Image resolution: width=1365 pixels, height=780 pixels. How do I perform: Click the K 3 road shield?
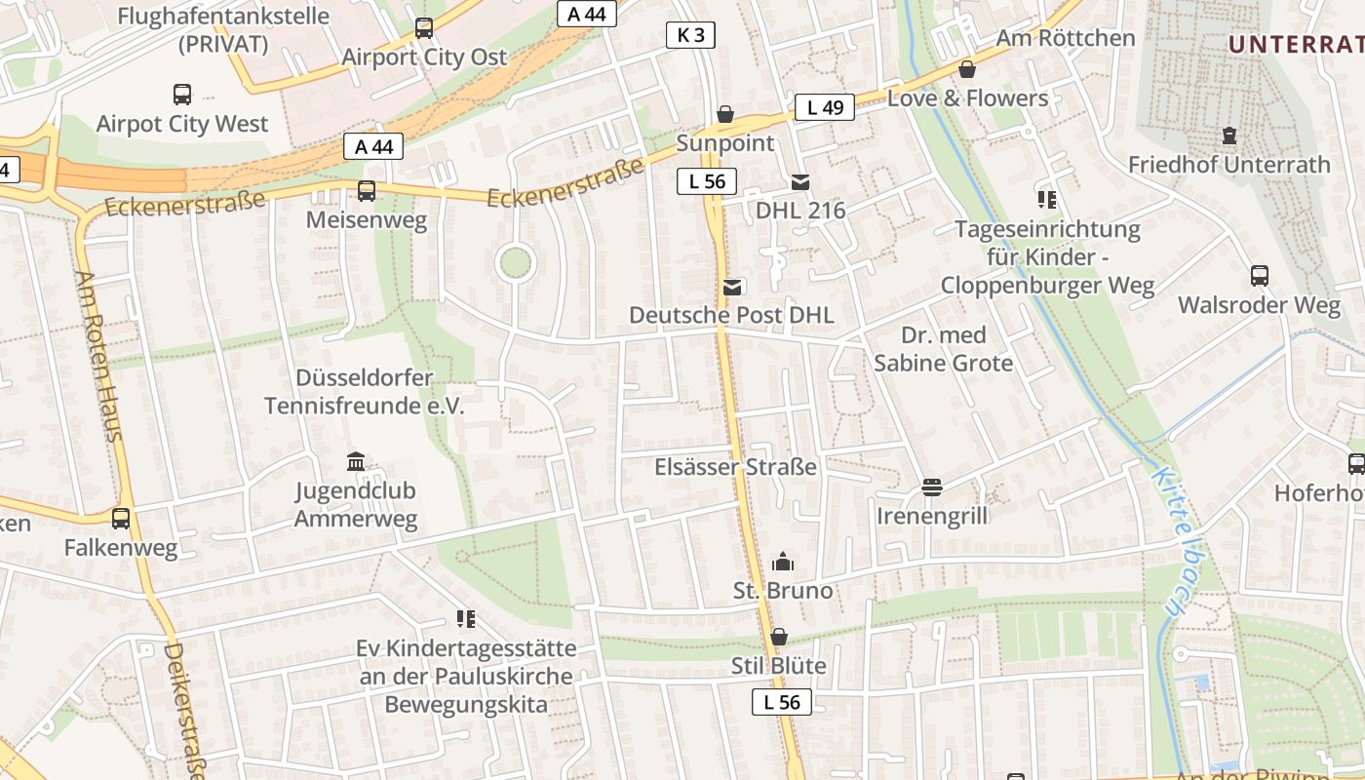690,36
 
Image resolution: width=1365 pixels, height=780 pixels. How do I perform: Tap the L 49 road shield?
824,107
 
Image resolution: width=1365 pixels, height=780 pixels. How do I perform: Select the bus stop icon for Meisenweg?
367,191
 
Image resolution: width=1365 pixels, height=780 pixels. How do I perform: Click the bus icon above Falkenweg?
121,519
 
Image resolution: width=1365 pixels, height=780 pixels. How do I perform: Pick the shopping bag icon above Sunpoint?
725,114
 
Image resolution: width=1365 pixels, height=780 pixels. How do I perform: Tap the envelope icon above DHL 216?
800,181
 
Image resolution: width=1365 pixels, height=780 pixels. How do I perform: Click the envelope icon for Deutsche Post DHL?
732,287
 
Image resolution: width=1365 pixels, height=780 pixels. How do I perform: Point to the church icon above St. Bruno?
782,562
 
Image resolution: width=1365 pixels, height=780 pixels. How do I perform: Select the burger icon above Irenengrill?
931,487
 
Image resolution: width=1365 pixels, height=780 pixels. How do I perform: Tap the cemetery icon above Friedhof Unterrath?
1228,136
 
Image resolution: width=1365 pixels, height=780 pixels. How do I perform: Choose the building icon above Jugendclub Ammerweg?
356,461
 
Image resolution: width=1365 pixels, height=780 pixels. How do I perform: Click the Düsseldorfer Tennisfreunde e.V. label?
365,391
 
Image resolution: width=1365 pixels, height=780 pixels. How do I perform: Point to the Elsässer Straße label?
735,467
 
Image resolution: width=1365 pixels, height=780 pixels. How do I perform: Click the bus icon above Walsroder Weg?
1260,276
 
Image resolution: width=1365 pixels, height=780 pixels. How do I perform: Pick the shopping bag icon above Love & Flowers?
966,69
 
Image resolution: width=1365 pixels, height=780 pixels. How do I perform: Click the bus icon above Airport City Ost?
424,28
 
